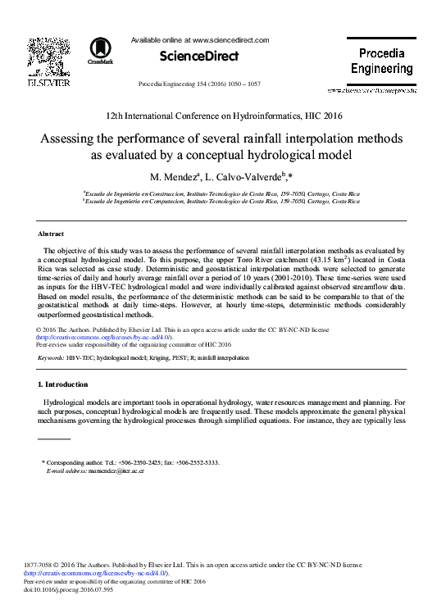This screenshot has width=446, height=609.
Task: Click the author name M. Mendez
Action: coord(170,176)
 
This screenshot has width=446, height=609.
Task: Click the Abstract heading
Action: coord(52,234)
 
